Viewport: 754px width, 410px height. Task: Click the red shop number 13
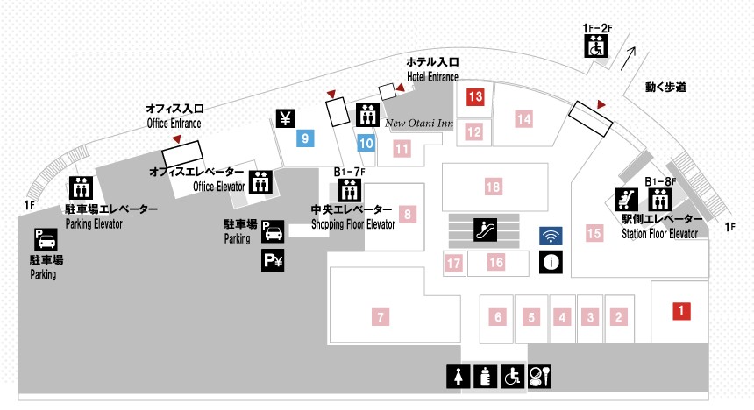pyautogui.click(x=475, y=96)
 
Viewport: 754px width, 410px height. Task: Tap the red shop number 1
pyautogui.click(x=681, y=310)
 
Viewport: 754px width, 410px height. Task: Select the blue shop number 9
pyautogui.click(x=305, y=138)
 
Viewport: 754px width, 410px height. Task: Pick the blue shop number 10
pyautogui.click(x=366, y=143)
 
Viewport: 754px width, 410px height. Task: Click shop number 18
pyautogui.click(x=493, y=187)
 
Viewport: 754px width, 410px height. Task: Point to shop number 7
pyautogui.click(x=381, y=317)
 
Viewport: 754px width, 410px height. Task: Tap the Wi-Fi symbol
pyautogui.click(x=551, y=236)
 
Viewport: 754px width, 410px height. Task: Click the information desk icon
pyautogui.click(x=551, y=262)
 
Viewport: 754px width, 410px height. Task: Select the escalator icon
pyautogui.click(x=485, y=230)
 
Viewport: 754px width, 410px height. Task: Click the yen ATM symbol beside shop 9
pyautogui.click(x=285, y=118)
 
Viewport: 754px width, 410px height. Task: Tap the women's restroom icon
pyautogui.click(x=458, y=376)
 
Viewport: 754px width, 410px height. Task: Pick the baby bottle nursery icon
pyautogui.click(x=485, y=376)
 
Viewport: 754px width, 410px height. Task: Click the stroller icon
pyautogui.click(x=626, y=199)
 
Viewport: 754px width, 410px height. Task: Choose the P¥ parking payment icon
pyautogui.click(x=273, y=260)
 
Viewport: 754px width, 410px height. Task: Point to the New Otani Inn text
pyautogui.click(x=419, y=123)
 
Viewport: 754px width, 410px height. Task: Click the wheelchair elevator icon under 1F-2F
pyautogui.click(x=596, y=46)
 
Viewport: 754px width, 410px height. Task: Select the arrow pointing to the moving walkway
pyautogui.click(x=628, y=59)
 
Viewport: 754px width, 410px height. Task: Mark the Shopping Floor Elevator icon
pyautogui.click(x=349, y=190)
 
